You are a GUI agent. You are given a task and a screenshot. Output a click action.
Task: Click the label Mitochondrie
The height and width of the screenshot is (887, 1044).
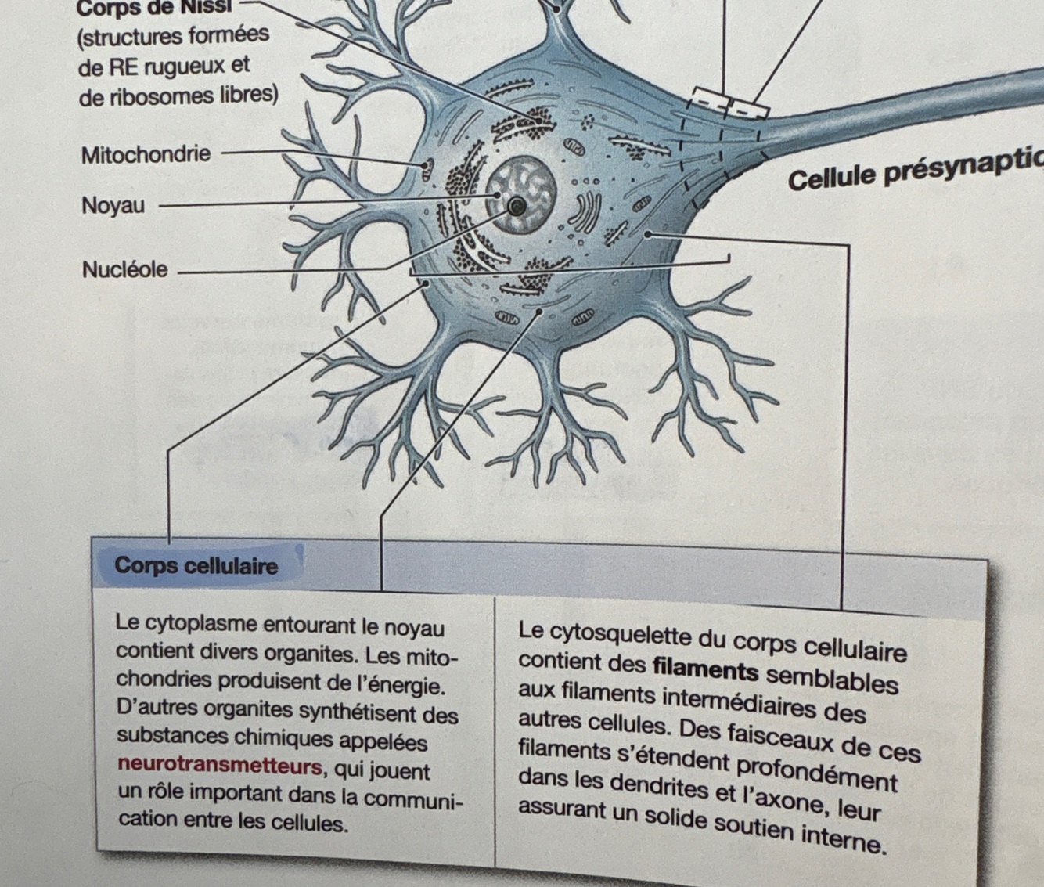[146, 154]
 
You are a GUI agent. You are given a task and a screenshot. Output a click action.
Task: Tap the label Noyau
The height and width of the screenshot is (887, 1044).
[113, 206]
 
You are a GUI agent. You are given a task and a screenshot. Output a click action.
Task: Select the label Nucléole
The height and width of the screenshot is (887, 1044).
[124, 269]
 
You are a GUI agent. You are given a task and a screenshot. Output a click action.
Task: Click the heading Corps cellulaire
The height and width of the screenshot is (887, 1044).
[196, 565]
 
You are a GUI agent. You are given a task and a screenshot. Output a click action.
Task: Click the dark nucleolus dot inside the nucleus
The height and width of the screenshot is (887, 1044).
[517, 207]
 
